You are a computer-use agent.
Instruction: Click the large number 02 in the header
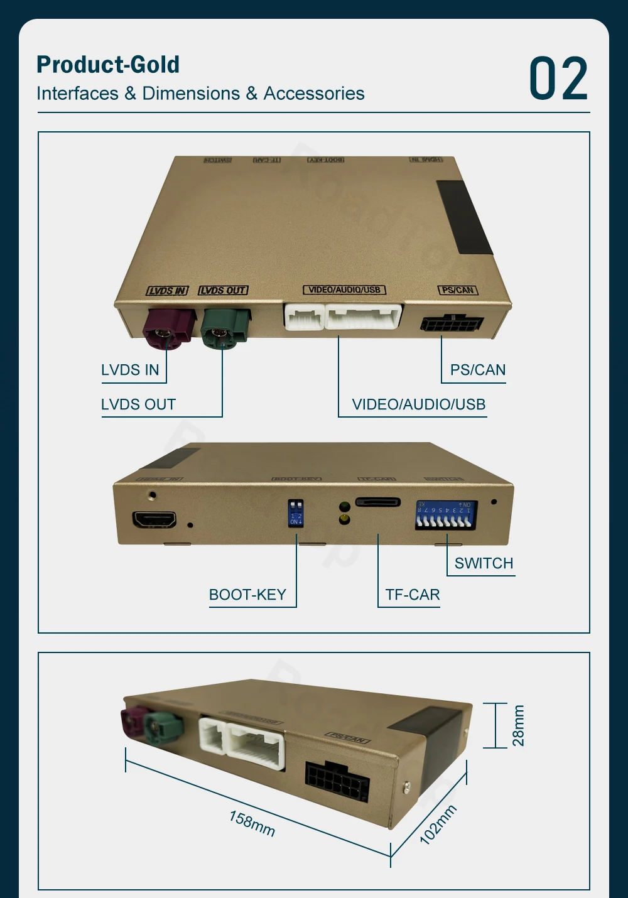(x=558, y=78)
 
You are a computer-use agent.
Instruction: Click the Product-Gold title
(x=108, y=65)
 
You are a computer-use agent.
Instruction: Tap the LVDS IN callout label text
(x=130, y=370)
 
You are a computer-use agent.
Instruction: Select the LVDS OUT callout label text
(x=138, y=404)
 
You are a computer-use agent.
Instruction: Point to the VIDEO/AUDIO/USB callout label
(x=418, y=404)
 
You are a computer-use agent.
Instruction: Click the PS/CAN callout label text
(x=477, y=370)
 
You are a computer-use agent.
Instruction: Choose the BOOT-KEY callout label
(x=247, y=595)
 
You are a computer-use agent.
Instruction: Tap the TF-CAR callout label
(x=412, y=595)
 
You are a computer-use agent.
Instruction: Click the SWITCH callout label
(x=484, y=563)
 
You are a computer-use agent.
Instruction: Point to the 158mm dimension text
(x=252, y=823)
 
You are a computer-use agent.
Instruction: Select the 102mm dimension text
(x=438, y=825)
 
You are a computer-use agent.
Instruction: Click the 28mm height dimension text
(x=518, y=725)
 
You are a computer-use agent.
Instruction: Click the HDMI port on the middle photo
(x=154, y=520)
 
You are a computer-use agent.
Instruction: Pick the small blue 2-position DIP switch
(x=295, y=512)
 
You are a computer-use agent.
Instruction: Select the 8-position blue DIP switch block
(x=446, y=514)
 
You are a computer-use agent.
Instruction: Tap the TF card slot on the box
(x=378, y=502)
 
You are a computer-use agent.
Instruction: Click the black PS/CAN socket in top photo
(x=452, y=324)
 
